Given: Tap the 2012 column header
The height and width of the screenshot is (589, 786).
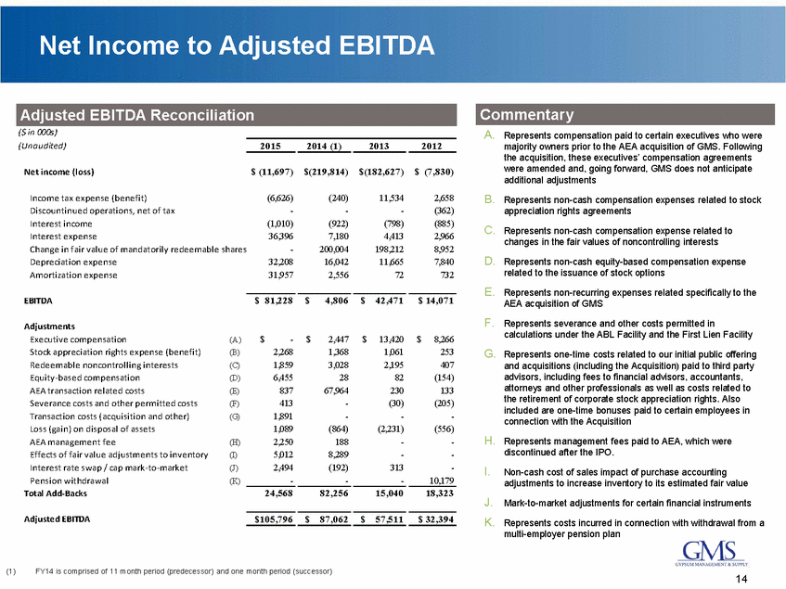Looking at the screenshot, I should pyautogui.click(x=432, y=146).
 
